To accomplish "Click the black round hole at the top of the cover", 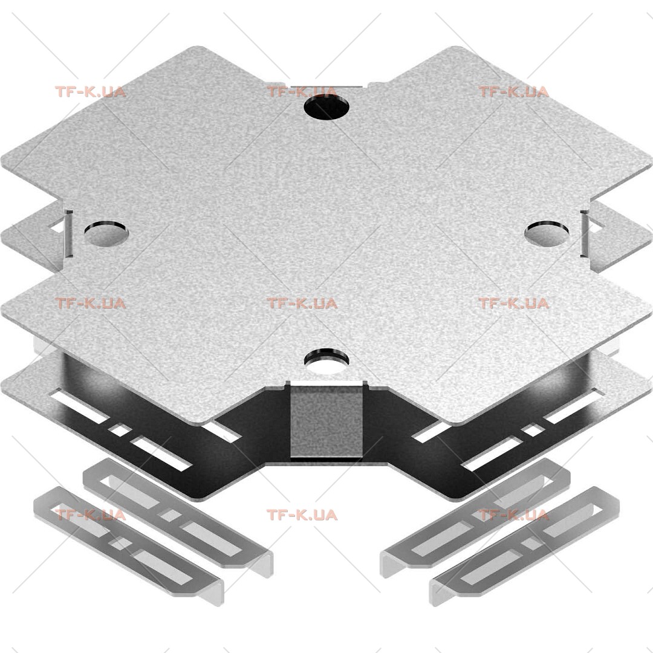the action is [326, 107].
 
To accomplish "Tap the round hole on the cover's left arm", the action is [106, 233].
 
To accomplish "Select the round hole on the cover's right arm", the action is [547, 233].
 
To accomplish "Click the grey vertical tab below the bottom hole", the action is [326, 421].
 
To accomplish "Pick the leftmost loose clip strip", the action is [129, 545].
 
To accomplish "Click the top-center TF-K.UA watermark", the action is [302, 92].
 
